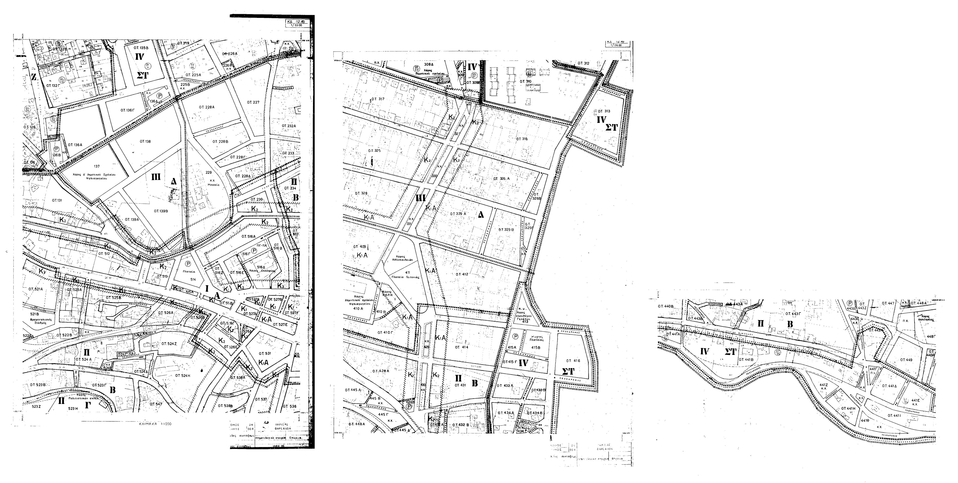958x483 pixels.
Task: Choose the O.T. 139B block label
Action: click(x=161, y=211)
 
